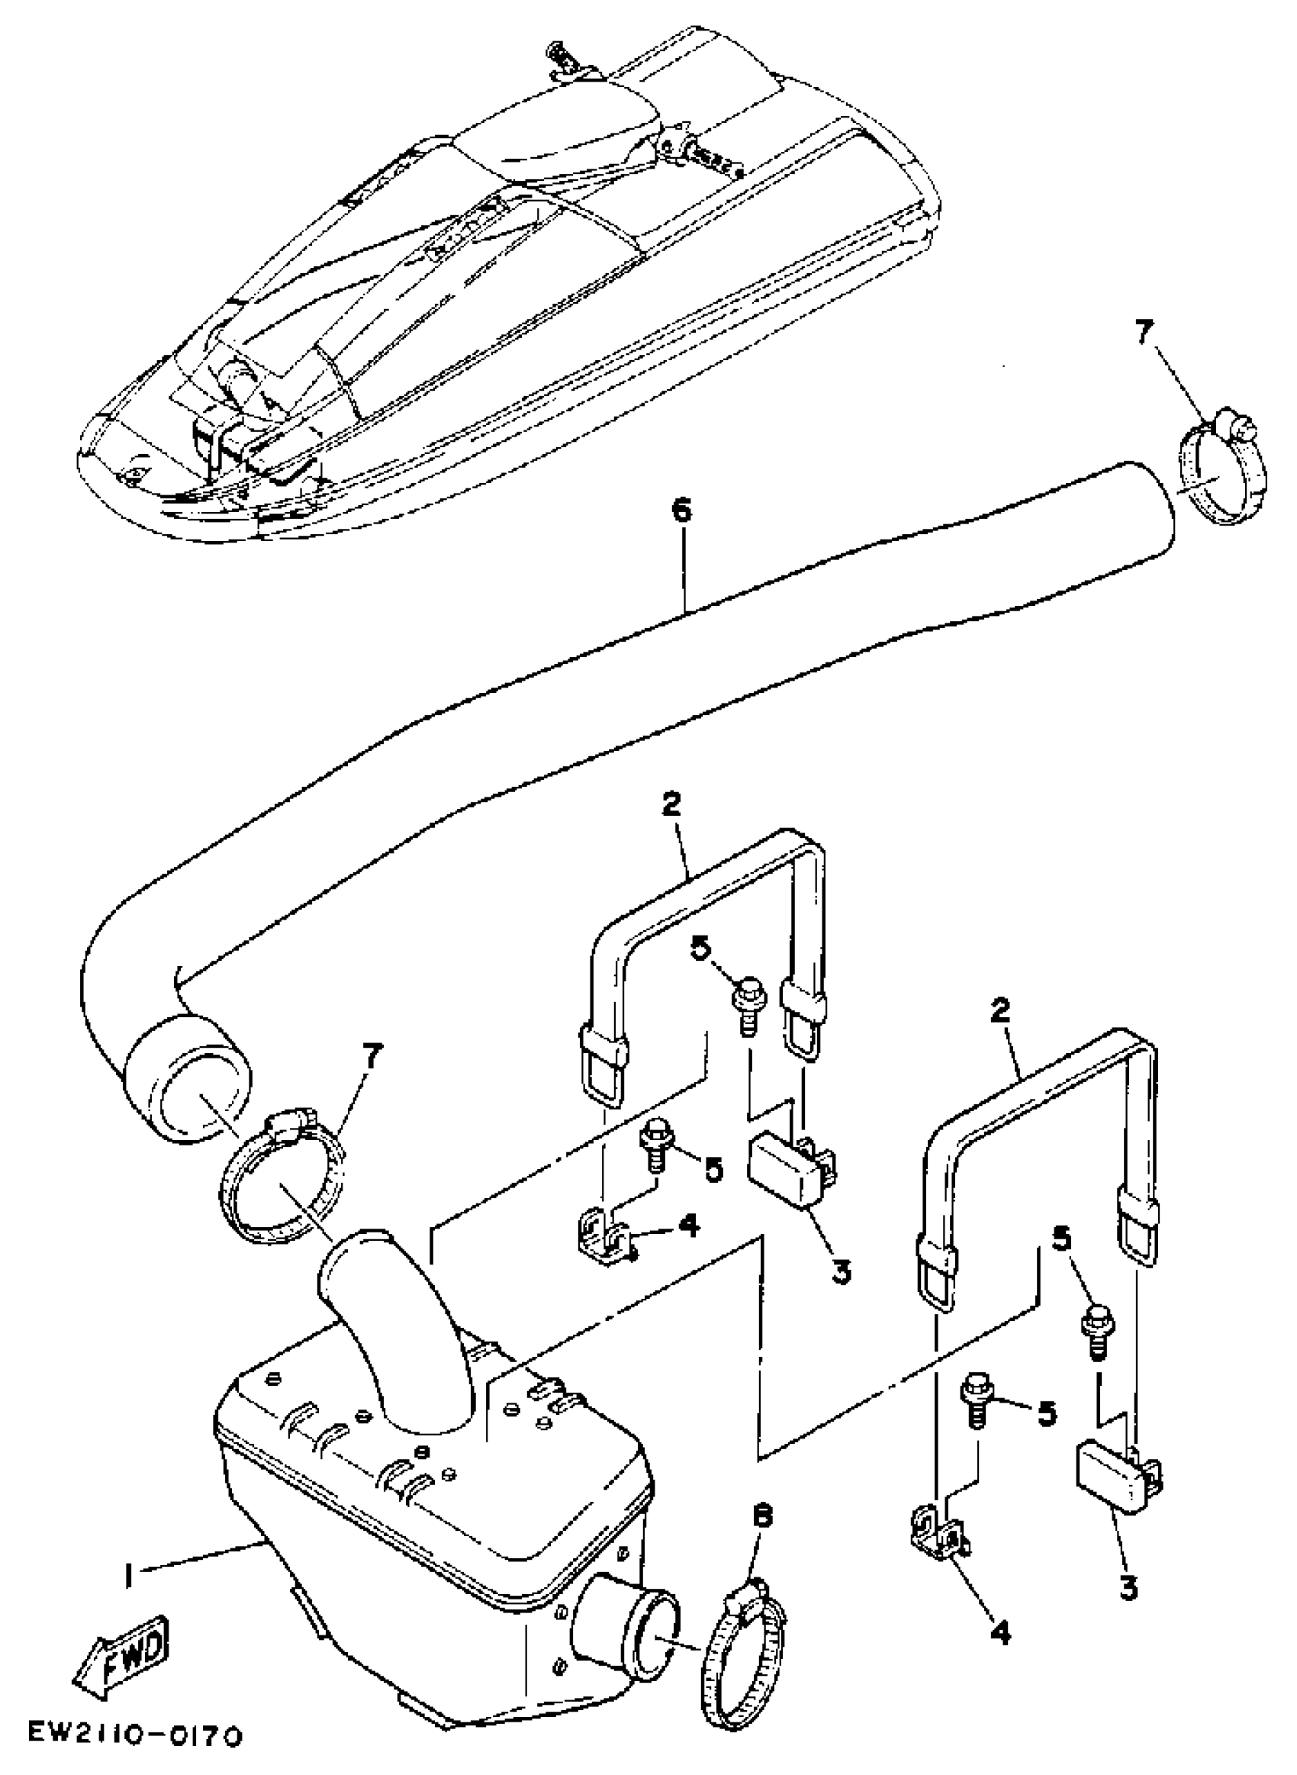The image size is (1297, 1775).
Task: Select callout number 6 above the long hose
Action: [681, 511]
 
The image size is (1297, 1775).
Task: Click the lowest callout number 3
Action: [1128, 1587]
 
